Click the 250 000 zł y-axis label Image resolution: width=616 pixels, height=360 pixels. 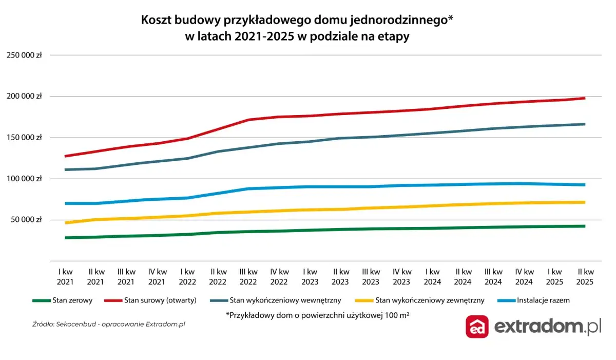pos(24,55)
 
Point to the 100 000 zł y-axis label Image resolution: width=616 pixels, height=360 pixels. pos(24,179)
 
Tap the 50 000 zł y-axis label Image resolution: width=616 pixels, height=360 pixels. pos(26,220)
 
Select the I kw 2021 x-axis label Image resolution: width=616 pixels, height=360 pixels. pos(65,276)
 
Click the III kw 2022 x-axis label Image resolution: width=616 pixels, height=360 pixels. pos(248,276)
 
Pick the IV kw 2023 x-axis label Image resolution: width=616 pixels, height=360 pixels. pos(402,276)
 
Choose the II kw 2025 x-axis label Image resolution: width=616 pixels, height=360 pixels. pos(585,276)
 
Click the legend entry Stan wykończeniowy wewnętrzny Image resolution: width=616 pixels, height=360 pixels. pos(281,300)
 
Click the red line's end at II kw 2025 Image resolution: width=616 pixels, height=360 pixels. pos(585,98)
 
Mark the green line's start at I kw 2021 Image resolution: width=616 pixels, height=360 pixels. pos(66,238)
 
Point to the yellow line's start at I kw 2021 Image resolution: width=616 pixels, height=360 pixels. pos(66,223)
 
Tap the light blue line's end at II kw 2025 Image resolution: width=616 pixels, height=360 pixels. pos(585,185)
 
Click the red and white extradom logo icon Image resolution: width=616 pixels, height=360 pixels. pos(477,327)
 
